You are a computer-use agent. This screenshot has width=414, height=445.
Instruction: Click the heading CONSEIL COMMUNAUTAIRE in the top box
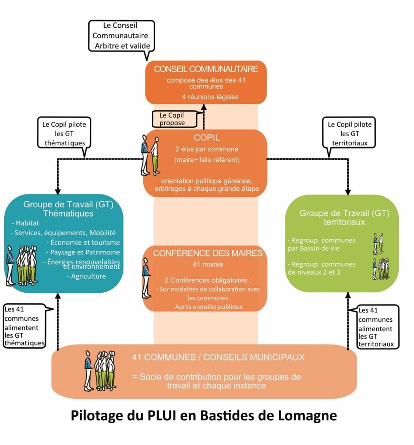click(206, 69)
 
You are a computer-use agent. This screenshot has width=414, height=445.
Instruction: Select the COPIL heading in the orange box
click(207, 138)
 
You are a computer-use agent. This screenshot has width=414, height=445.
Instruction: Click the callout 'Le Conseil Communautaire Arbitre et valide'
click(121, 36)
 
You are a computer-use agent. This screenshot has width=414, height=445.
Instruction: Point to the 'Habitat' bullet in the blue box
click(27, 223)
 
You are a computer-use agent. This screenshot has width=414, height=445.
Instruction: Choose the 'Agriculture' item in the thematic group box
click(88, 276)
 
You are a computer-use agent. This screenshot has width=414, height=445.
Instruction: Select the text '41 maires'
click(208, 264)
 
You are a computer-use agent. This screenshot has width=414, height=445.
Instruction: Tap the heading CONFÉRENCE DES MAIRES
click(208, 253)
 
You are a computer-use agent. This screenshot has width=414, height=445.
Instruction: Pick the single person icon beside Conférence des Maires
click(146, 278)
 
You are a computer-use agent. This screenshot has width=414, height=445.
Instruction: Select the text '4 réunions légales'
click(210, 97)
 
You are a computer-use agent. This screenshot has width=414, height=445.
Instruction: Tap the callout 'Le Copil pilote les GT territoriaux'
click(349, 133)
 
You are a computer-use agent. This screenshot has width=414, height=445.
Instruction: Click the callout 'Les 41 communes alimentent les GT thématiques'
click(24, 326)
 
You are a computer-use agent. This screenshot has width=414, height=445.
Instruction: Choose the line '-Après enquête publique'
click(208, 306)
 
